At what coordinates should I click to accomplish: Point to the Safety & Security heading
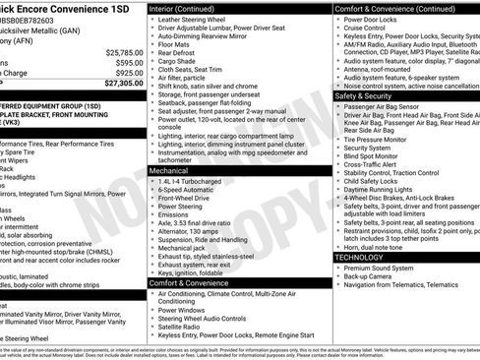coord(369,96)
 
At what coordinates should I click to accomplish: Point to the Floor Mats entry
coord(177,44)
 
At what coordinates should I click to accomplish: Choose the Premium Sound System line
coord(380,268)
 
